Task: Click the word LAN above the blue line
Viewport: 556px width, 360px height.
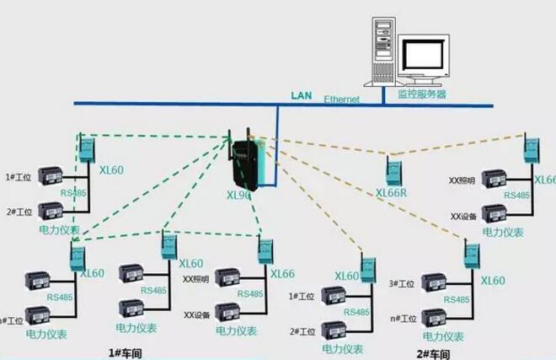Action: point(301,96)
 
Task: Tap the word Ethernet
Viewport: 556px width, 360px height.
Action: point(342,99)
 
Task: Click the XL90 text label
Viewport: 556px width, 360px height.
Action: point(238,196)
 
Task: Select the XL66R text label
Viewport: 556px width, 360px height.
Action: point(392,192)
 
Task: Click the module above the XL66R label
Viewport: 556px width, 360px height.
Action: point(393,171)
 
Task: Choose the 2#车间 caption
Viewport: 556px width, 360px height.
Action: point(433,352)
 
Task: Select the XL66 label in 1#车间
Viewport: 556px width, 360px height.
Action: point(282,273)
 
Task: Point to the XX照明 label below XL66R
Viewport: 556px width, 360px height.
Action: point(462,181)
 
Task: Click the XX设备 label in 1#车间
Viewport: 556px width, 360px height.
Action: point(196,314)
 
